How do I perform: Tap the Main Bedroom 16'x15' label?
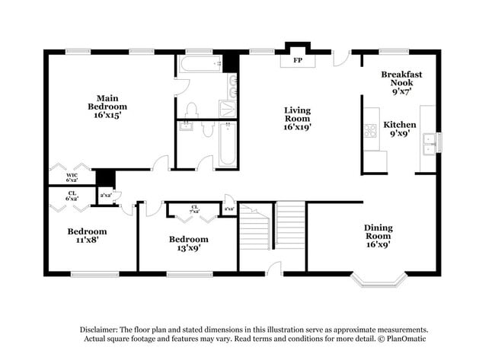(106, 107)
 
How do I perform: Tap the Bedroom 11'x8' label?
(87, 235)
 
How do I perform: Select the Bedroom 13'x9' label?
(188, 244)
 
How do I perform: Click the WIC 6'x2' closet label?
(72, 177)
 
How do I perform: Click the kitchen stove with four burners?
(371, 130)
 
